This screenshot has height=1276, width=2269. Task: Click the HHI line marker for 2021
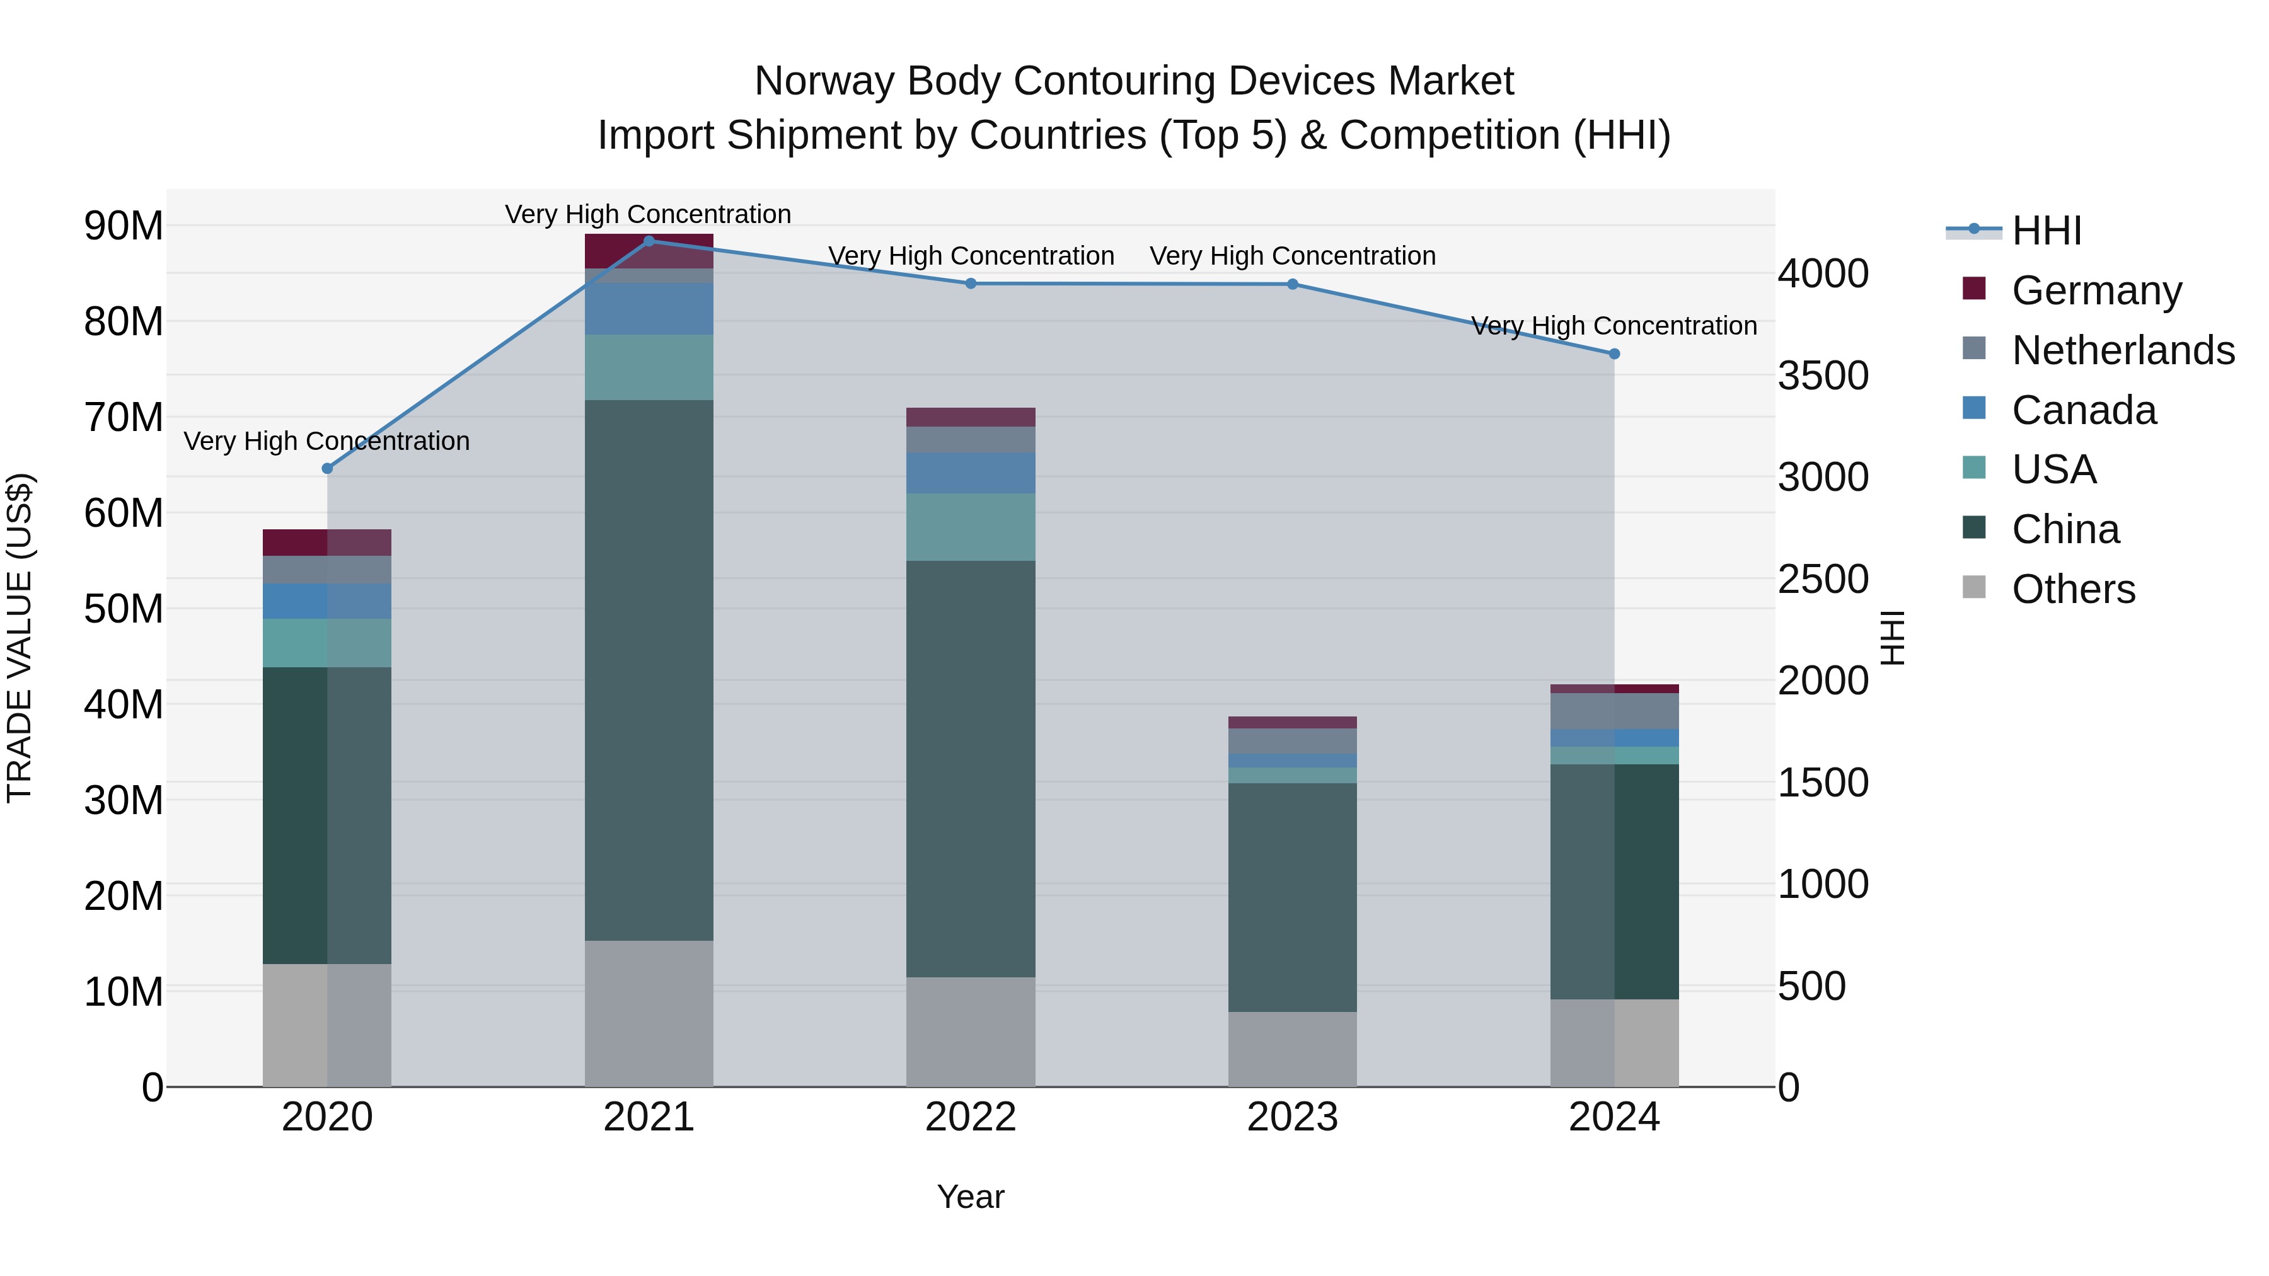[x=649, y=241]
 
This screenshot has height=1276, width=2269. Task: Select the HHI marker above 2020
[x=326, y=468]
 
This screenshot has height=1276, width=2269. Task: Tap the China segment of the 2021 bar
[x=649, y=669]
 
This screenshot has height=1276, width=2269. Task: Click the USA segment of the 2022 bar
[x=971, y=527]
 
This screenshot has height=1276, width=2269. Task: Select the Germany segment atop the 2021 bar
[x=649, y=251]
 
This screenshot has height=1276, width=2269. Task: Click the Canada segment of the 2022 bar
[x=971, y=473]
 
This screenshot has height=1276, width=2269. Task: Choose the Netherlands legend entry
[x=2123, y=350]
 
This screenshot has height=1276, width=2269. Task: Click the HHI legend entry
[x=2046, y=231]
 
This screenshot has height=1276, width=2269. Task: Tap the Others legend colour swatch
[x=1974, y=587]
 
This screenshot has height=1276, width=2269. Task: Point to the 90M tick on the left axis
[x=124, y=226]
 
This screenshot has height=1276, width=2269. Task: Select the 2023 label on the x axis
[x=1292, y=1117]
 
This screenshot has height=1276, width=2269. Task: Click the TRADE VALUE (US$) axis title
[x=20, y=638]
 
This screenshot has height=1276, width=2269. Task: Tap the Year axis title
[x=971, y=1197]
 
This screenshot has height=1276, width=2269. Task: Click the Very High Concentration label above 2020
[x=326, y=440]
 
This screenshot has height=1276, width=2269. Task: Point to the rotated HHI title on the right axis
[x=1893, y=638]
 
